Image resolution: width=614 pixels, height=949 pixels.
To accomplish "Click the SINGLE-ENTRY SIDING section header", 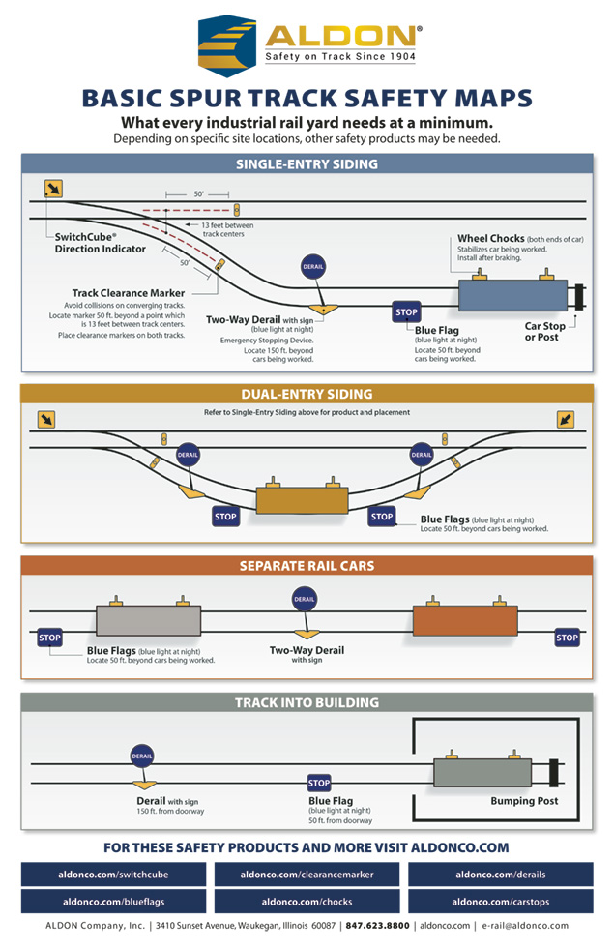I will [307, 164].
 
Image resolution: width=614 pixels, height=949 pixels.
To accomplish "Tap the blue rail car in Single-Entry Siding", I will [512, 295].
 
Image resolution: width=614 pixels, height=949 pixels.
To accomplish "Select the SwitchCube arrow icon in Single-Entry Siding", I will [54, 189].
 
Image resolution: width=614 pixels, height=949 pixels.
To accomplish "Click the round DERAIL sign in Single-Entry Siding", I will [313, 267].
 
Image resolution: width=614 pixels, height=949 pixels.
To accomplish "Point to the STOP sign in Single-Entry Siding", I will [406, 312].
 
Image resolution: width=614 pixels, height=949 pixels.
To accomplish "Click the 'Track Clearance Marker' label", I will [128, 293].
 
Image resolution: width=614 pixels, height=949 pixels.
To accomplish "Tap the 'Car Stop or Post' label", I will [544, 332].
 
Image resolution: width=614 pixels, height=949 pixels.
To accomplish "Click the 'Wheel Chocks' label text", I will [491, 238].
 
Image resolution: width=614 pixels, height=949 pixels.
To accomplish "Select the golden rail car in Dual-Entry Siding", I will [302, 500].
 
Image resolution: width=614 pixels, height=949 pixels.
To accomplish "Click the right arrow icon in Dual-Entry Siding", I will [568, 419].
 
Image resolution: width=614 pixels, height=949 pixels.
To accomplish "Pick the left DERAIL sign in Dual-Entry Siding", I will [190, 454].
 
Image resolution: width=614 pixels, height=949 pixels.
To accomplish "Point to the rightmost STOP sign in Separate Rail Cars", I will [567, 638].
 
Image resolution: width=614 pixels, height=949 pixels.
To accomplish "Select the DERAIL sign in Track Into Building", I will [143, 756].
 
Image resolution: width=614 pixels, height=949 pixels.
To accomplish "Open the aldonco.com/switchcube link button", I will [114, 875].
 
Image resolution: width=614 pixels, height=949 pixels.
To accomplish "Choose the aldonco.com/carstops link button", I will [500, 902].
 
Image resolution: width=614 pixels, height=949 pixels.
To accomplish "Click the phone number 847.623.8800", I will [378, 926].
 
